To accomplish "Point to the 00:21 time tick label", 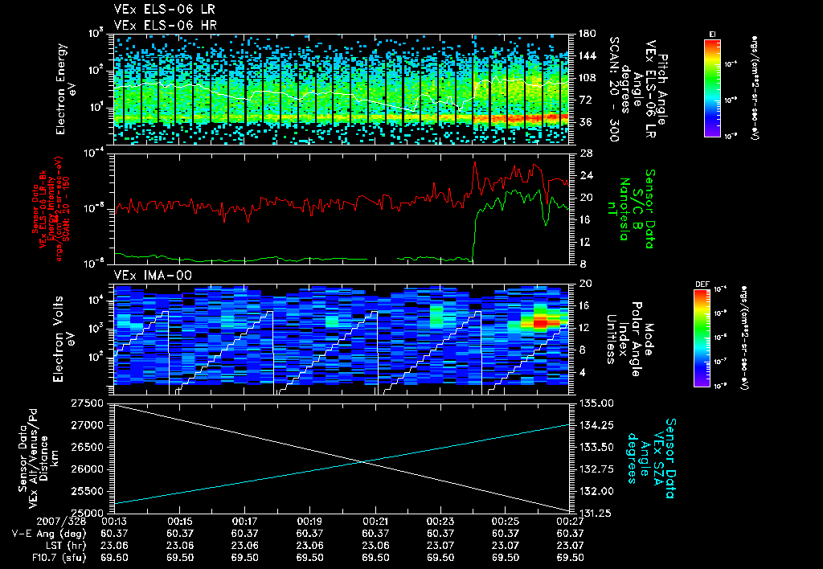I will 376,522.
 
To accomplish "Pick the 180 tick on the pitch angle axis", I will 585,34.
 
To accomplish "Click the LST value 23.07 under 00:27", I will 568,544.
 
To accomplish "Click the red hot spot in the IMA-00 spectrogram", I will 540,322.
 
